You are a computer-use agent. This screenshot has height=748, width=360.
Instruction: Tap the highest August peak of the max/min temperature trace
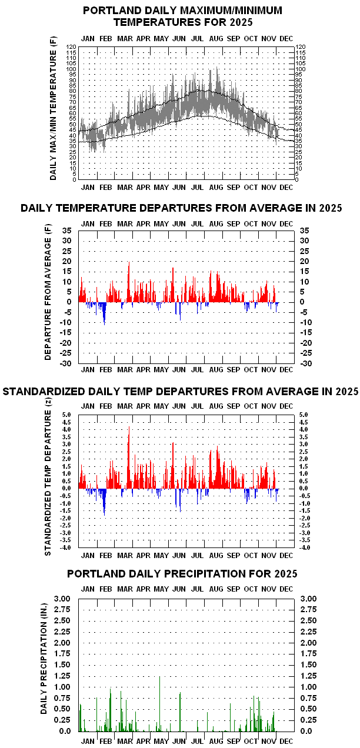(217, 68)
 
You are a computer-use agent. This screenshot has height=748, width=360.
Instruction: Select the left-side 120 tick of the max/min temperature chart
(72, 46)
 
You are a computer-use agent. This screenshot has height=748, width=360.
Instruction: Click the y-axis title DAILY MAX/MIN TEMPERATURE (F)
(54, 108)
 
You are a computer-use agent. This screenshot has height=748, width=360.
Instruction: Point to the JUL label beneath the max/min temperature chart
(198, 188)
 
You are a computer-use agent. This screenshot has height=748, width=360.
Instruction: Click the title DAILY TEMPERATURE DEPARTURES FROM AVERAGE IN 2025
(181, 208)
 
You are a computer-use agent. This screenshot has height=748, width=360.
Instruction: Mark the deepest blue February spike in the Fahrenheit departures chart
(104, 323)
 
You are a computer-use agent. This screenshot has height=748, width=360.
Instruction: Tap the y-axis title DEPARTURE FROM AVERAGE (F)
(48, 296)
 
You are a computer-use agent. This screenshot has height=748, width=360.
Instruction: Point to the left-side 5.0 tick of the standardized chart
(66, 415)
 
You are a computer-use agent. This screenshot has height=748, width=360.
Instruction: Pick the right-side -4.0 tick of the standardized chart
(305, 547)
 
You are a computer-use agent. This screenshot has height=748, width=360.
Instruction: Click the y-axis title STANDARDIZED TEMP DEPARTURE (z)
(48, 476)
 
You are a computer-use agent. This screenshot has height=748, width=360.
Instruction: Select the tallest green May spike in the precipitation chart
(159, 677)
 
